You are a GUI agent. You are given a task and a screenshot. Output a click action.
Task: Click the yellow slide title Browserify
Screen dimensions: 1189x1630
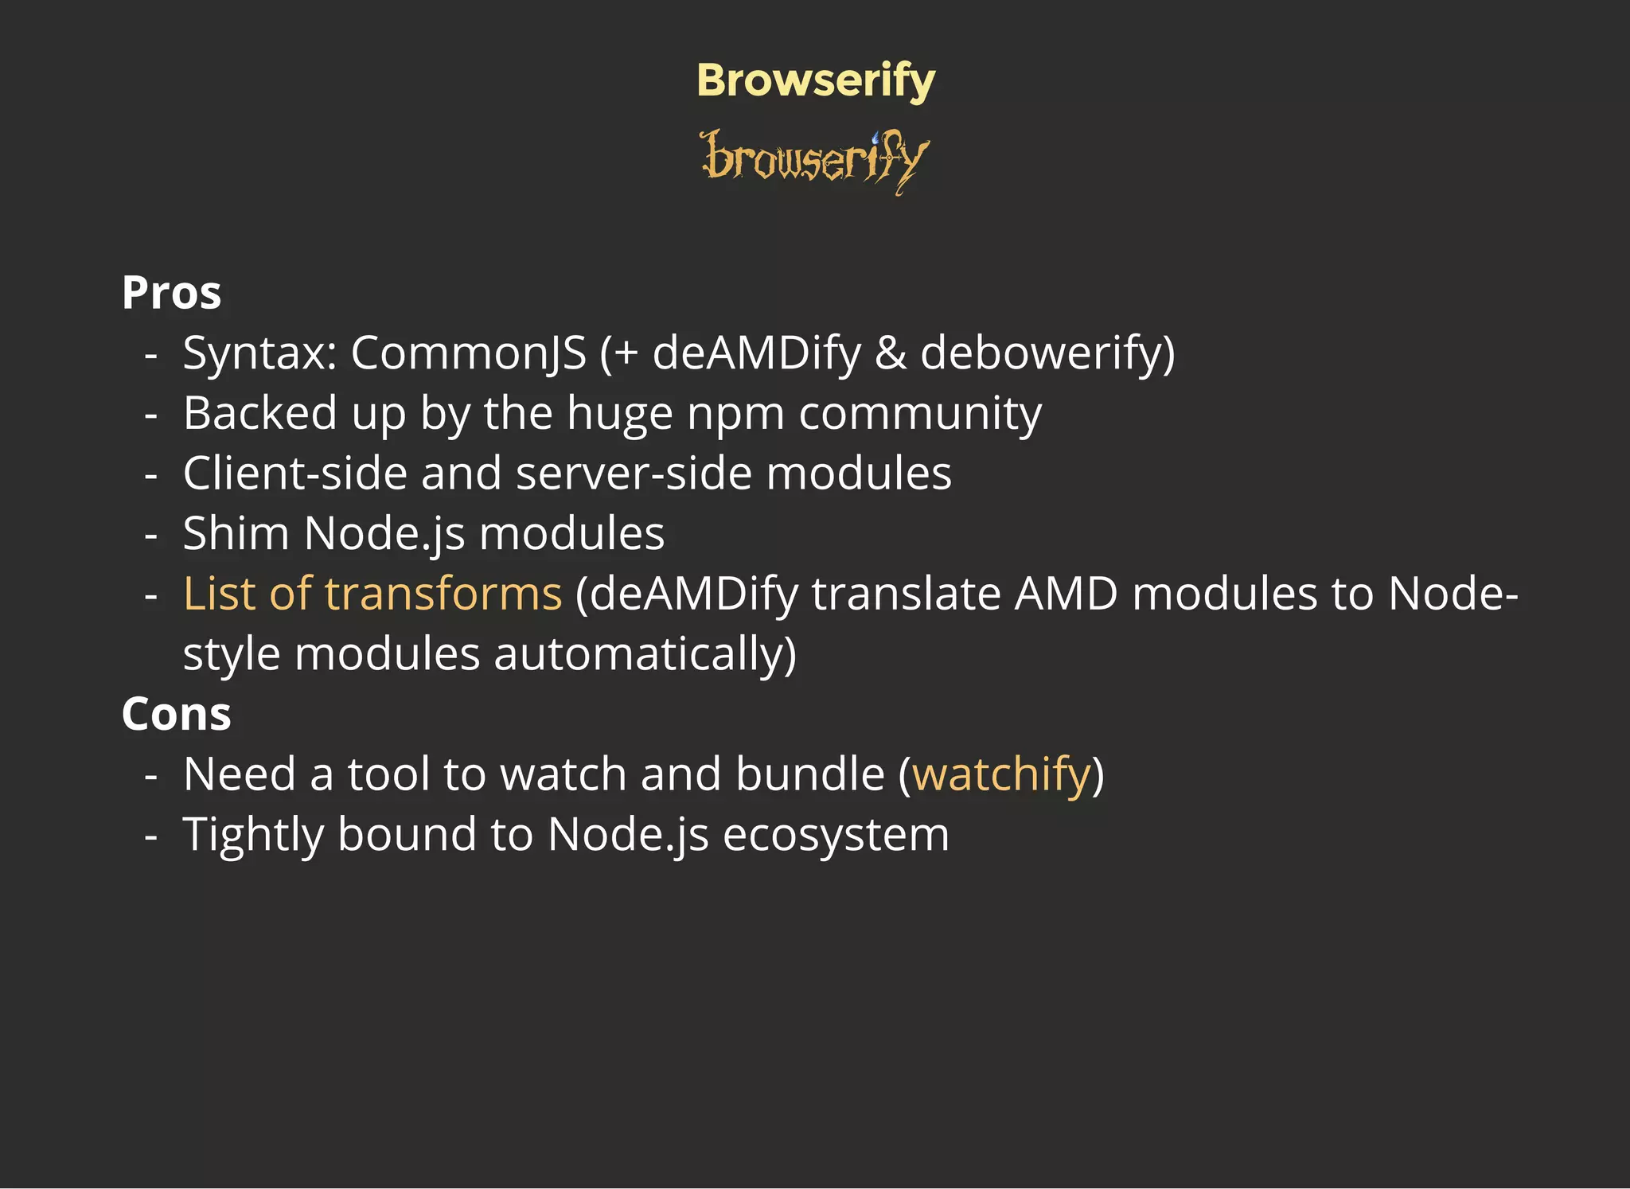pyautogui.click(x=816, y=81)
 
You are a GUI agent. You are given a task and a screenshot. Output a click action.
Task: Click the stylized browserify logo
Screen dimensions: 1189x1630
pyautogui.click(x=815, y=161)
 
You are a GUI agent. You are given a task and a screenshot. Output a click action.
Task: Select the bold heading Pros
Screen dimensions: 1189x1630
pyautogui.click(x=171, y=293)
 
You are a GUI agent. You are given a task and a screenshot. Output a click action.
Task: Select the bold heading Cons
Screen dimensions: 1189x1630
pyautogui.click(x=176, y=714)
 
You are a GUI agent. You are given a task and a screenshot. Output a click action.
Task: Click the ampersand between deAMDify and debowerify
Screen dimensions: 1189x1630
pyautogui.click(x=891, y=353)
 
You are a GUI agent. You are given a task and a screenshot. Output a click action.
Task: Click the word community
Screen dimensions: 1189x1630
pyautogui.click(x=920, y=414)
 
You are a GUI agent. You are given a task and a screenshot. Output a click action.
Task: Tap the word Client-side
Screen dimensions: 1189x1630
pyautogui.click(x=294, y=474)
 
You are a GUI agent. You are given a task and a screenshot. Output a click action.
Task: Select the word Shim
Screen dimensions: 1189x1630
pyautogui.click(x=236, y=533)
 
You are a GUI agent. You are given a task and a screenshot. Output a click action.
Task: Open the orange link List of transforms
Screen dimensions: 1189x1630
pyautogui.click(x=372, y=594)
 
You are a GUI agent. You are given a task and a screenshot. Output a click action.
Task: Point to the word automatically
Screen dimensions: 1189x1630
pyautogui.click(x=645, y=654)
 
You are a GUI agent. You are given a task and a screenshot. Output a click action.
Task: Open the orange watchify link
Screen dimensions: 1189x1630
pyautogui.click(x=1001, y=774)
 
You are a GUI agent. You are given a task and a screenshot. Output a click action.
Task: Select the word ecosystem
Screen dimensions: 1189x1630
pyautogui.click(x=836, y=835)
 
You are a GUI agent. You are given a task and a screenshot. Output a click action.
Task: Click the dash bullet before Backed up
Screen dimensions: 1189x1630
pyautogui.click(x=151, y=414)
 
